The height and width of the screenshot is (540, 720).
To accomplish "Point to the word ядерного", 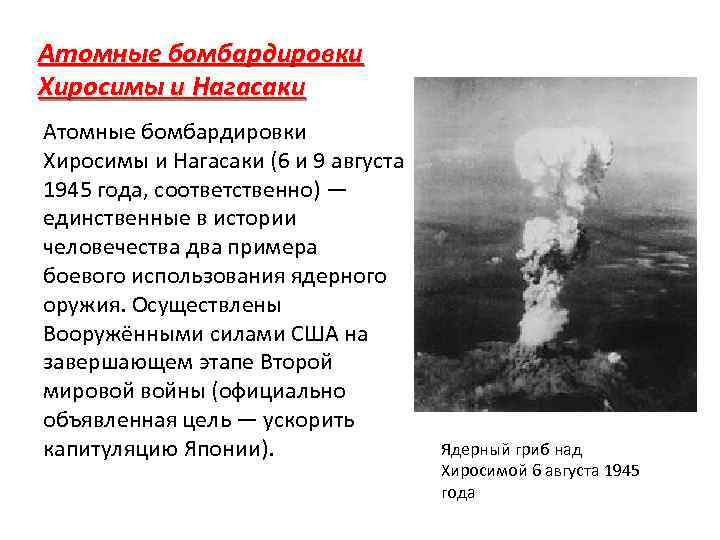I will click(334, 275).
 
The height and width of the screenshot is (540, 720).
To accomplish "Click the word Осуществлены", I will click(200, 304).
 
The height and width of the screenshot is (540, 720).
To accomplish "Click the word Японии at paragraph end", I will click(228, 449).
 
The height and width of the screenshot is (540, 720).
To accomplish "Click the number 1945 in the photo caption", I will click(622, 471).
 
